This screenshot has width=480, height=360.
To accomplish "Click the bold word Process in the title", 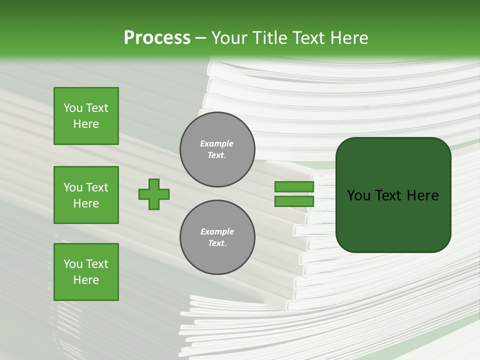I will point(157,38).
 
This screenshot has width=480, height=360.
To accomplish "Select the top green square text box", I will point(86,116).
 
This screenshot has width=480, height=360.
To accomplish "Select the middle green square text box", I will point(86,195).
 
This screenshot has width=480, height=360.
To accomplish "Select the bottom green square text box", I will point(86,272).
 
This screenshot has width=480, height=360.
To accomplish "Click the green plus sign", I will point(154,194).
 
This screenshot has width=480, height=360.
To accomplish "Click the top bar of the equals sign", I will point(294,186).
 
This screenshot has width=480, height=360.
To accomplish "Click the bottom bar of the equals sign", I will point(294,201).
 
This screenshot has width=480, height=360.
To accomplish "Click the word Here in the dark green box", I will point(422,195).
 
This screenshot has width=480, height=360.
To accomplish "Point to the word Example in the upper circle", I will point(216,143).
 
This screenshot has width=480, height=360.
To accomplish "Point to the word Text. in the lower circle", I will point(217,243).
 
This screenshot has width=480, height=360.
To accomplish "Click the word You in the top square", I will point(73,108).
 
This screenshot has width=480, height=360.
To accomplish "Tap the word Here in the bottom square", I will point(86,280).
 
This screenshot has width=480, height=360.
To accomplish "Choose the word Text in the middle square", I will point(97,187).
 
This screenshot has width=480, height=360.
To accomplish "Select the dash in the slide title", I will point(201,38).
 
